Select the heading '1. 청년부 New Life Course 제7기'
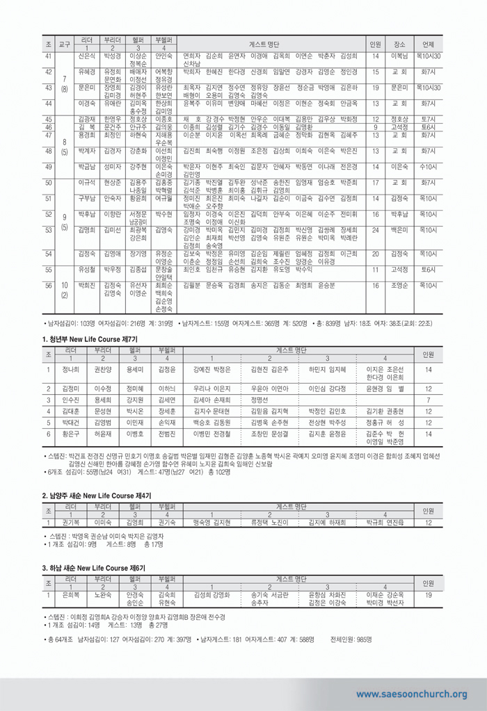pos(90,338)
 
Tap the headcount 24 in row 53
pos(375,229)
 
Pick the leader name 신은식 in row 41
pos(87,56)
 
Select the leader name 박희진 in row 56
pos(87,285)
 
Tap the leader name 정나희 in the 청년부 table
pos(71,370)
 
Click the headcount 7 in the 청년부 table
pos(429,400)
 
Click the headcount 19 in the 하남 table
pos(429,595)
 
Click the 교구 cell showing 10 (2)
pos(64,290)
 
